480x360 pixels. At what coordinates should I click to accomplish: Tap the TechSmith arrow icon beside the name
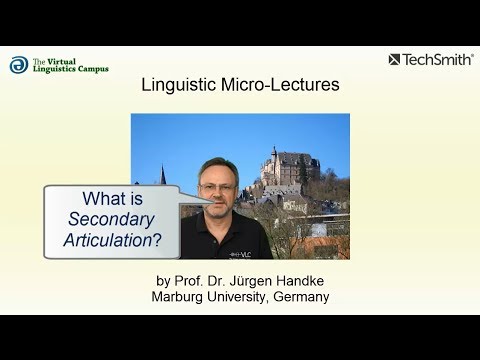click(x=394, y=60)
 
